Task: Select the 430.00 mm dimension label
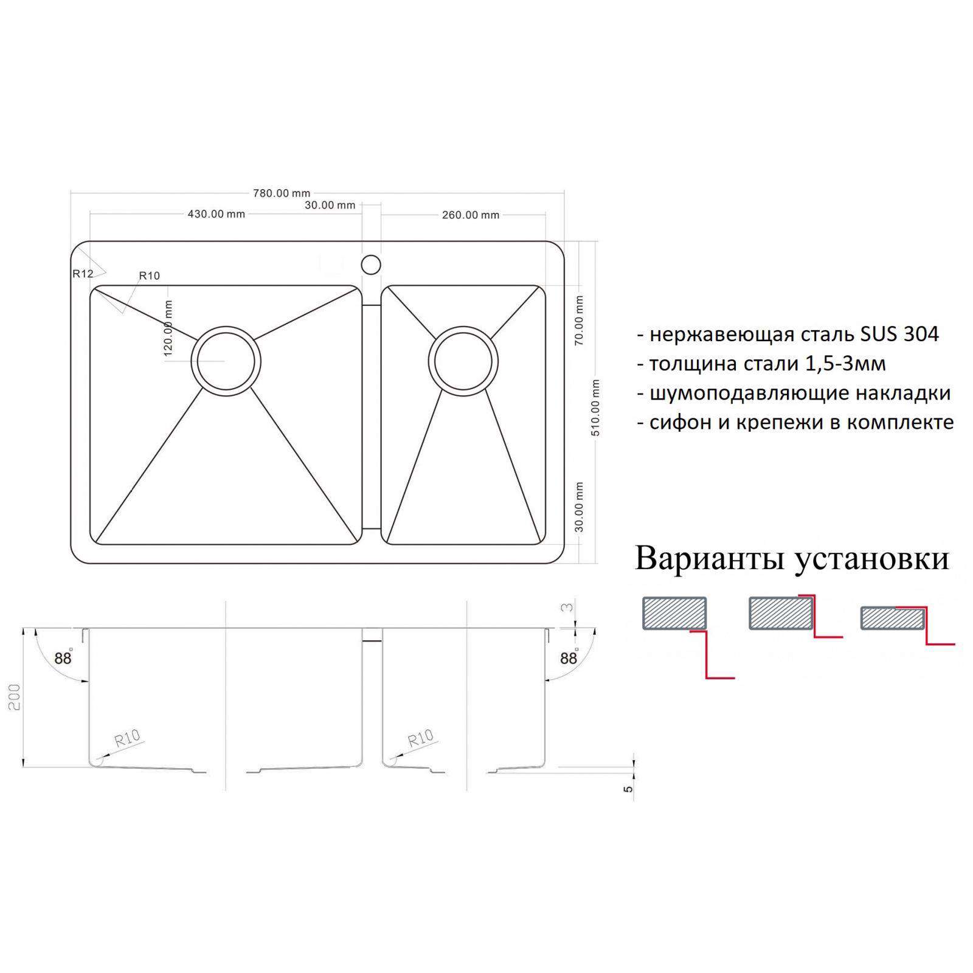pos(216,214)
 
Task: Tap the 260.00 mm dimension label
pos(471,215)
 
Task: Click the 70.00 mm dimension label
pos(579,320)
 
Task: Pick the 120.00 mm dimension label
pos(168,328)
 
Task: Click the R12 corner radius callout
pos(83,274)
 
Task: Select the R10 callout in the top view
pos(150,275)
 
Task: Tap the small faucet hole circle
pos(371,265)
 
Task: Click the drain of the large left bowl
pos(226,361)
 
